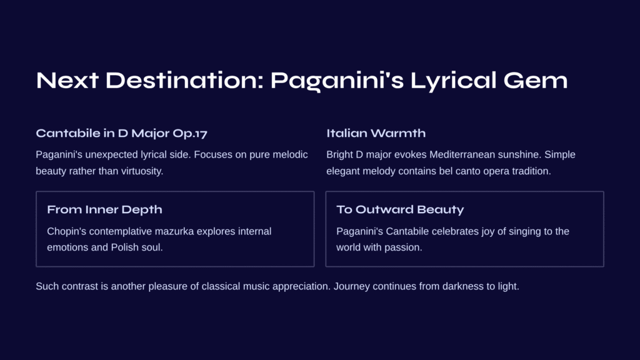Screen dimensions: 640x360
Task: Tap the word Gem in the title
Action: coord(536,81)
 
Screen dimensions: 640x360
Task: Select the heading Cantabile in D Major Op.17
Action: coord(122,134)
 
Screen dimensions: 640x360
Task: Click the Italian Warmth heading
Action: coord(376,133)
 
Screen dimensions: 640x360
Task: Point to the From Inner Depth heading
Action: coord(104,210)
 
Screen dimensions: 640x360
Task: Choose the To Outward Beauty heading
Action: coord(400,210)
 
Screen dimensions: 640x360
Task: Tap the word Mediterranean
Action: coord(462,155)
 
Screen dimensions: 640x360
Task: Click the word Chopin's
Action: coord(66,231)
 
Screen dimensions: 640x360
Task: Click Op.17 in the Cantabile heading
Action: coord(190,134)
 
